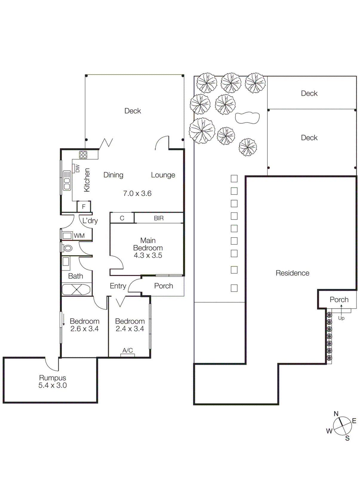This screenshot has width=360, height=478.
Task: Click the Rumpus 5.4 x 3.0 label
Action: tap(53, 382)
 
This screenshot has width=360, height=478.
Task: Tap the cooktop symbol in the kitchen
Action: tap(83, 155)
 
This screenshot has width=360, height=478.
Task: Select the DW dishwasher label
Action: tap(77, 168)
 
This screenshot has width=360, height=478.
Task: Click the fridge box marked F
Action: tap(84, 206)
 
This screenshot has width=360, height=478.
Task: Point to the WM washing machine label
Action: tap(79, 236)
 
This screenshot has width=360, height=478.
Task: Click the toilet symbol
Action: tap(68, 248)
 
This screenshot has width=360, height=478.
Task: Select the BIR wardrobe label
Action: tap(159, 218)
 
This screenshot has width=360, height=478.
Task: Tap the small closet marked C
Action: tap(122, 218)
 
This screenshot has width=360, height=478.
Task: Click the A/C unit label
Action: tap(127, 350)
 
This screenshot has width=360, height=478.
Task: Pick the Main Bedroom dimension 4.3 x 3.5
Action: tap(148, 255)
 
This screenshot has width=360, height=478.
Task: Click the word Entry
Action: tap(118, 286)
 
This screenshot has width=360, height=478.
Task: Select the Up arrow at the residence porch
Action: tap(341, 311)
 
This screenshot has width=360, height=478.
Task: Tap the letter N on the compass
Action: tap(336, 414)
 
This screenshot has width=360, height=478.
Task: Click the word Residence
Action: tap(292, 273)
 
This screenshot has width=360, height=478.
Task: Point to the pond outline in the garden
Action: tap(247, 118)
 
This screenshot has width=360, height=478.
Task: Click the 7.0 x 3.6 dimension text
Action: tap(137, 194)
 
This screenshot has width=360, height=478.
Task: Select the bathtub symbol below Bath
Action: tap(76, 289)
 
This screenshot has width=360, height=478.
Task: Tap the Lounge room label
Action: tap(163, 175)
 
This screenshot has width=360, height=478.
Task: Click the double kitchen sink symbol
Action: tap(67, 180)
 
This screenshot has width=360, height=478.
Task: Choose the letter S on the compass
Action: tap(347, 438)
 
